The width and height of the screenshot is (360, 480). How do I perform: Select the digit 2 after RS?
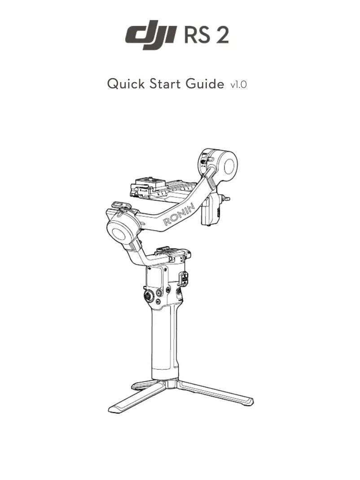click(x=221, y=35)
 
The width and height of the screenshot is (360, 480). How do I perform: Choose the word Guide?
click(x=207, y=84)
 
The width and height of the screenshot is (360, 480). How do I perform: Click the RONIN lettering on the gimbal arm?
click(x=179, y=215)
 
